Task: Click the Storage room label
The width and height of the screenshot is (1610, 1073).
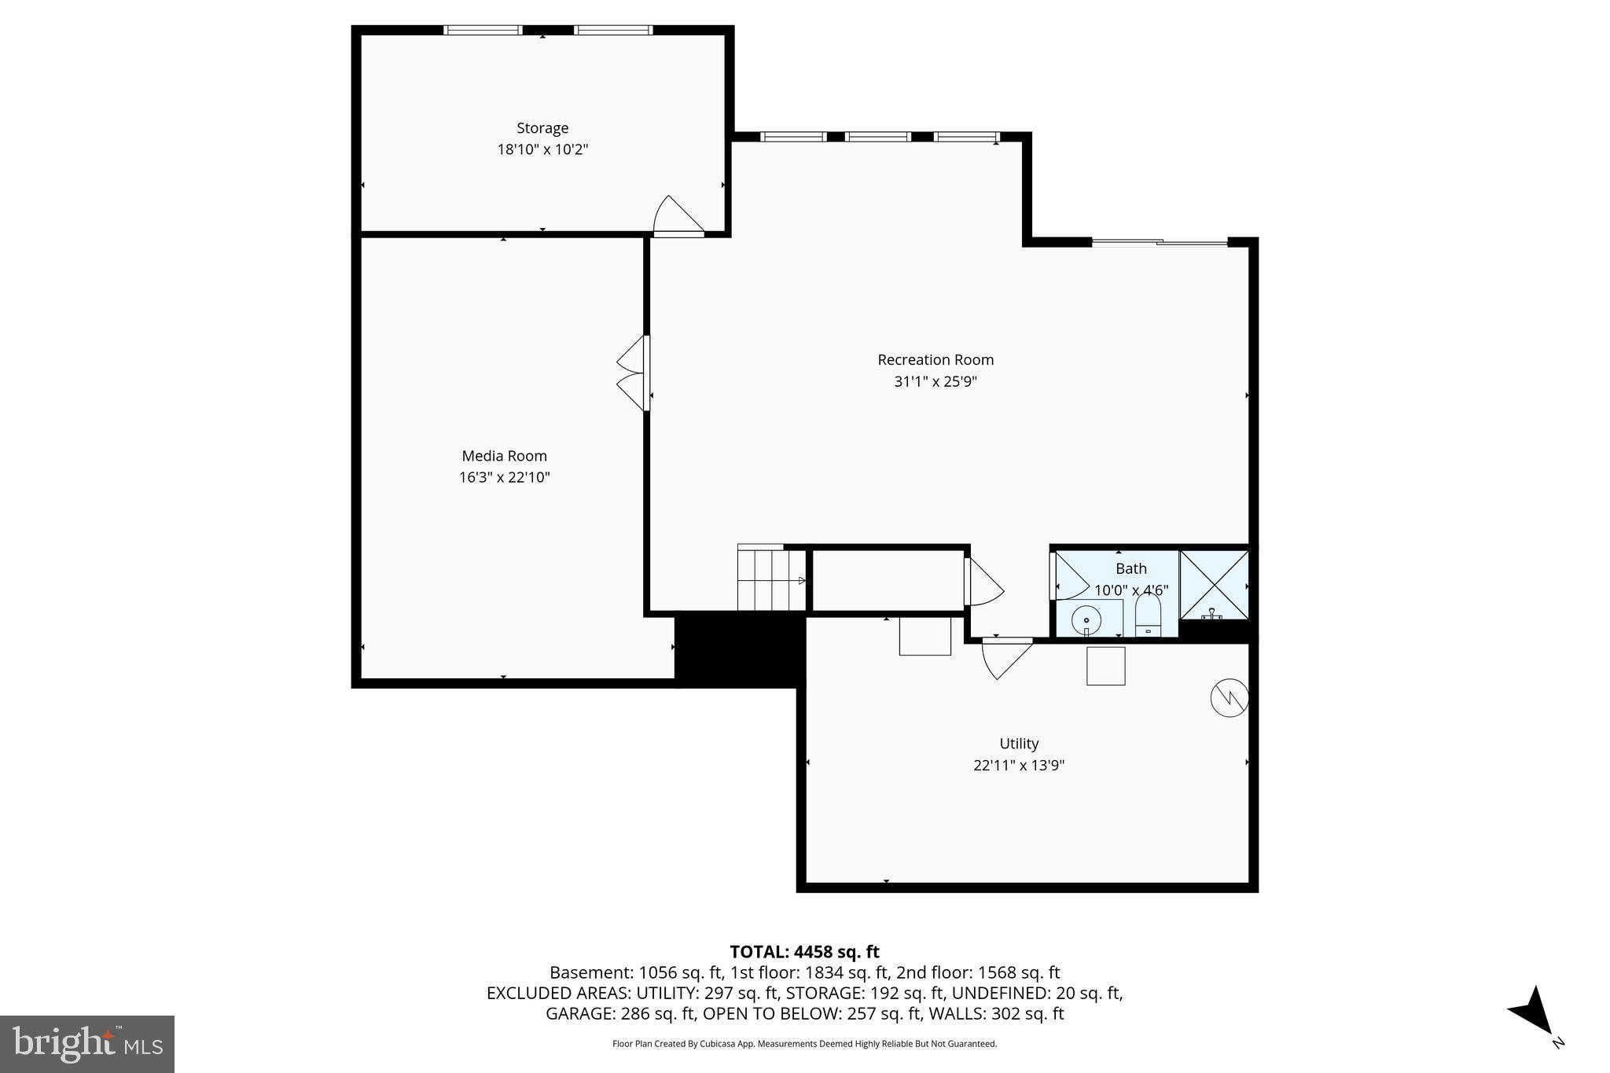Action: (542, 128)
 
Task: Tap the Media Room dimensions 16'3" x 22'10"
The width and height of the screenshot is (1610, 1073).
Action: (504, 477)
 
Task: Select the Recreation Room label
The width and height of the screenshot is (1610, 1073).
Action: (935, 360)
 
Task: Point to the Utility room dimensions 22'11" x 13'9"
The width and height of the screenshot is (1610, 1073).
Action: (1019, 765)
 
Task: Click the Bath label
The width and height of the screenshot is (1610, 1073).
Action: (1130, 568)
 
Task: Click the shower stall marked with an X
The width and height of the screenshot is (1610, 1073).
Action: (1214, 585)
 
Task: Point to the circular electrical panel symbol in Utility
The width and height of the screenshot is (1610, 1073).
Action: (1229, 697)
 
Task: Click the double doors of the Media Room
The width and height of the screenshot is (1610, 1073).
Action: (634, 373)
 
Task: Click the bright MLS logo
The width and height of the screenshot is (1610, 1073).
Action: (87, 1044)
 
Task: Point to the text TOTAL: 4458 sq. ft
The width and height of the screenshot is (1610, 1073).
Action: (804, 952)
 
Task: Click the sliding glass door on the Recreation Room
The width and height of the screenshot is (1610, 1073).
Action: (1159, 242)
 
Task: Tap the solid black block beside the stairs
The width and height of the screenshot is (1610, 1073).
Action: (740, 649)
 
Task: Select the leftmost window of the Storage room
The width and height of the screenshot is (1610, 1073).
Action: (482, 31)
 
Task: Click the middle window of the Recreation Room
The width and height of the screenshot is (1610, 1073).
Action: (878, 137)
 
